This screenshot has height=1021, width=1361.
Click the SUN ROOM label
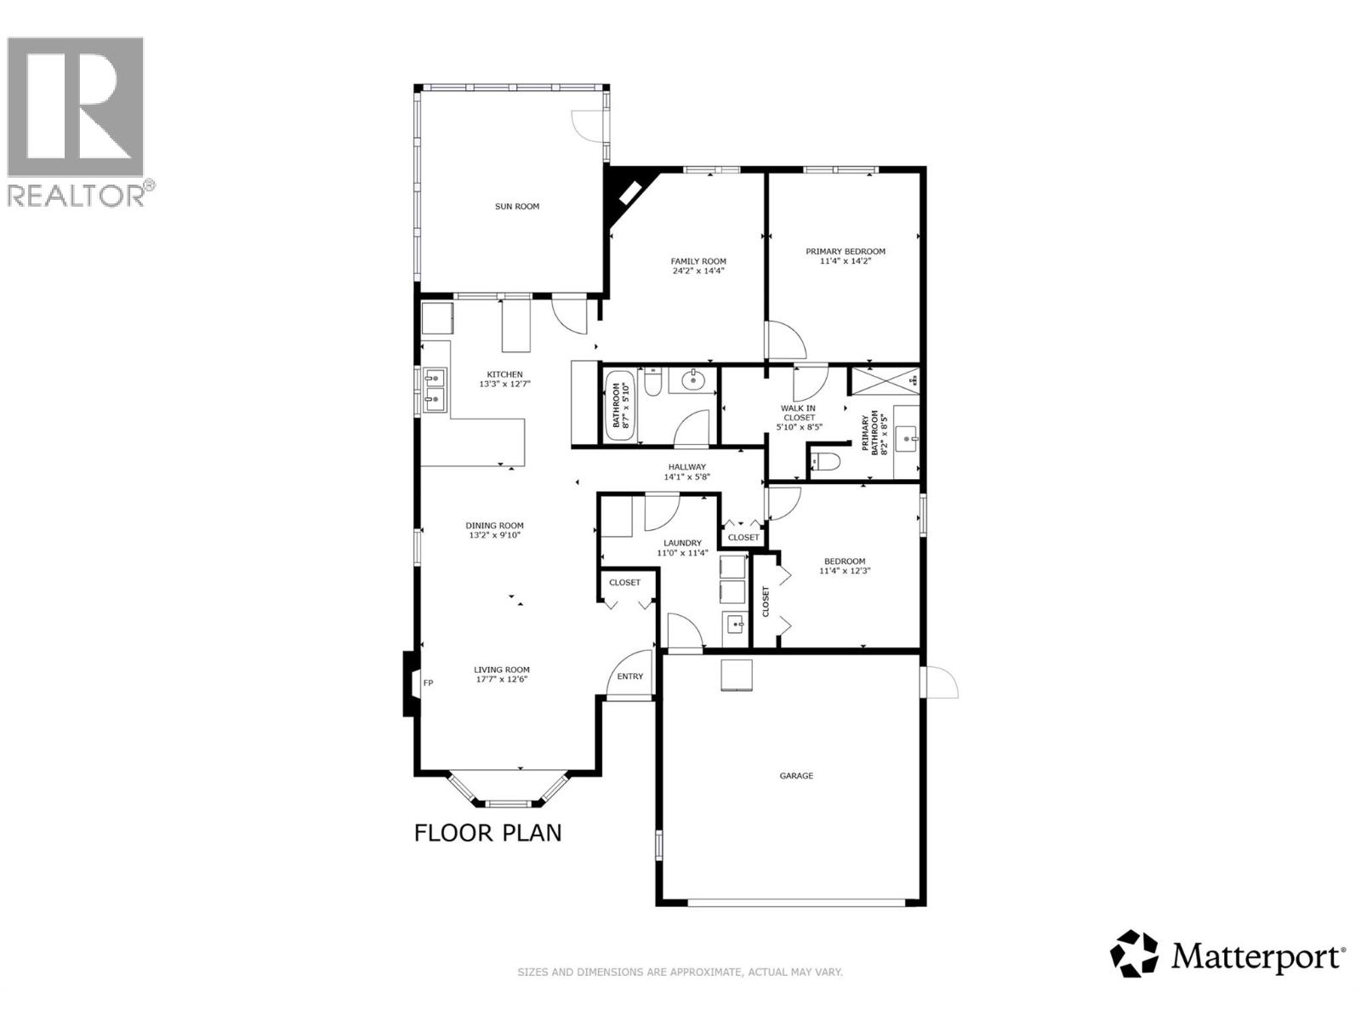pos(517,207)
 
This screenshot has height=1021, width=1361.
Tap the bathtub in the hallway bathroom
pos(618,405)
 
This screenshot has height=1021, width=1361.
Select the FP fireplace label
pos(428,682)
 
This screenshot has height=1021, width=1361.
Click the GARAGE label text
pos(796,776)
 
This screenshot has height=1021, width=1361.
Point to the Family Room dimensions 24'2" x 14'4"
pos(698,271)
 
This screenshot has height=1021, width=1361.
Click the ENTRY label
pos(630,676)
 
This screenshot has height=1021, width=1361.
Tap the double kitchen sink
pos(435,387)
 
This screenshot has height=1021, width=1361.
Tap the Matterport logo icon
pos(1135,954)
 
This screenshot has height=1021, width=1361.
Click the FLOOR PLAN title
pos(487,832)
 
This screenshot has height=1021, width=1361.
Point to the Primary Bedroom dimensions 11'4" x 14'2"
pos(846,261)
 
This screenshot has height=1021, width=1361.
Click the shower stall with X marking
pos(884,380)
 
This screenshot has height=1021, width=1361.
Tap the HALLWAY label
pos(686,466)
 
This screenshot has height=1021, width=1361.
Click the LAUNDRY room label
pos(682,543)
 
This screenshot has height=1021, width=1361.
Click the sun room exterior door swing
pos(587,126)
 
